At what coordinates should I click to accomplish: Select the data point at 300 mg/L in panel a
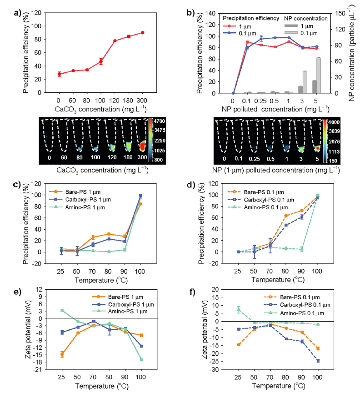(x=143, y=33)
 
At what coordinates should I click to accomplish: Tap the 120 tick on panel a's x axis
(x=115, y=99)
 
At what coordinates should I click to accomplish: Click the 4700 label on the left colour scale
(x=165, y=121)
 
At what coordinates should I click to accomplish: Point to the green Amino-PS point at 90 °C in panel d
(x=301, y=249)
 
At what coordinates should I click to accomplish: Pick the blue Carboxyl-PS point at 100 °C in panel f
(x=318, y=361)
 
